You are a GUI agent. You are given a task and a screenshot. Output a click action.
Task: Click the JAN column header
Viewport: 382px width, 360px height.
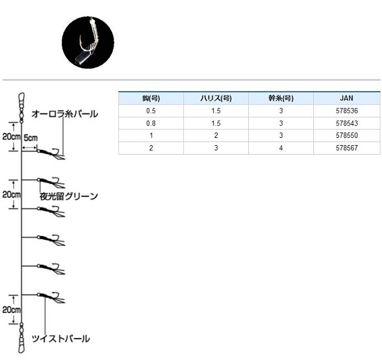tap(346, 99)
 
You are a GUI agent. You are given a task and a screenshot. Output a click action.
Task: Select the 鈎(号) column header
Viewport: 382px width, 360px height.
tap(151, 99)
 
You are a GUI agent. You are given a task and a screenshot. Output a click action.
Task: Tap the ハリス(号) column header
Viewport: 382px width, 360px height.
tap(216, 99)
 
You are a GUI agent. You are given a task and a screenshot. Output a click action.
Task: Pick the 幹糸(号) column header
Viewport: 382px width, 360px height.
tap(281, 99)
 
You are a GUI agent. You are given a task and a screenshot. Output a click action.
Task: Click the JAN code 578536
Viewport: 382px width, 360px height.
tap(347, 111)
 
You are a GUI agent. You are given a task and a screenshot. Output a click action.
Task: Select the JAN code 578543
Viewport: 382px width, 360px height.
tap(347, 124)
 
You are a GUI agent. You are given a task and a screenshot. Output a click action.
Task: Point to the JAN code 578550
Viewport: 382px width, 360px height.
tap(347, 136)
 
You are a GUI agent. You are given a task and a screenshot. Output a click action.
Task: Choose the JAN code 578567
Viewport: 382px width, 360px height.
tap(347, 148)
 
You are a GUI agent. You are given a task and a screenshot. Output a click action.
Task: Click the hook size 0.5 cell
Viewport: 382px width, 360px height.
tap(151, 111)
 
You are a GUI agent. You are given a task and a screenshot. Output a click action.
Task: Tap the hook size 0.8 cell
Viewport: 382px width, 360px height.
tap(151, 124)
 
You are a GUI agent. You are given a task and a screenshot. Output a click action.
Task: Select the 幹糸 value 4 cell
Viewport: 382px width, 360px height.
tap(281, 148)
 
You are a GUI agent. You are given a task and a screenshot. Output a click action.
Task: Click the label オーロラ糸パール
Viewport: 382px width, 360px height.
tap(64, 114)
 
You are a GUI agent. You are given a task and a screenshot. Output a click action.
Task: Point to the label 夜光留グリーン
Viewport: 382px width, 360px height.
tap(69, 196)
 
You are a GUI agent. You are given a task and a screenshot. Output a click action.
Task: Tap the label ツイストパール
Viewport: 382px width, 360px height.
tap(61, 339)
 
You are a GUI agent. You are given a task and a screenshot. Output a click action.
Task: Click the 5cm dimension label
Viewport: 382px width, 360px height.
tap(30, 138)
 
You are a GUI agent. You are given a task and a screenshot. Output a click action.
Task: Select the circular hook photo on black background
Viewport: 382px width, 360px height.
tap(88, 42)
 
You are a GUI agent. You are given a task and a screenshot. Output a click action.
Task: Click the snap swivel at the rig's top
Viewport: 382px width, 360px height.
tap(21, 107)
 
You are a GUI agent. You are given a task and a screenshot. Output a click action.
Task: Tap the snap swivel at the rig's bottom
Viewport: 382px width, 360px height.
tap(21, 338)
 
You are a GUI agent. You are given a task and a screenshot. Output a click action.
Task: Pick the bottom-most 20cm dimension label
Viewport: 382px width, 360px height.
tap(11, 310)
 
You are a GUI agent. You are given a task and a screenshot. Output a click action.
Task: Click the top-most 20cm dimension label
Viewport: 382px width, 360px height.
tap(11, 137)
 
